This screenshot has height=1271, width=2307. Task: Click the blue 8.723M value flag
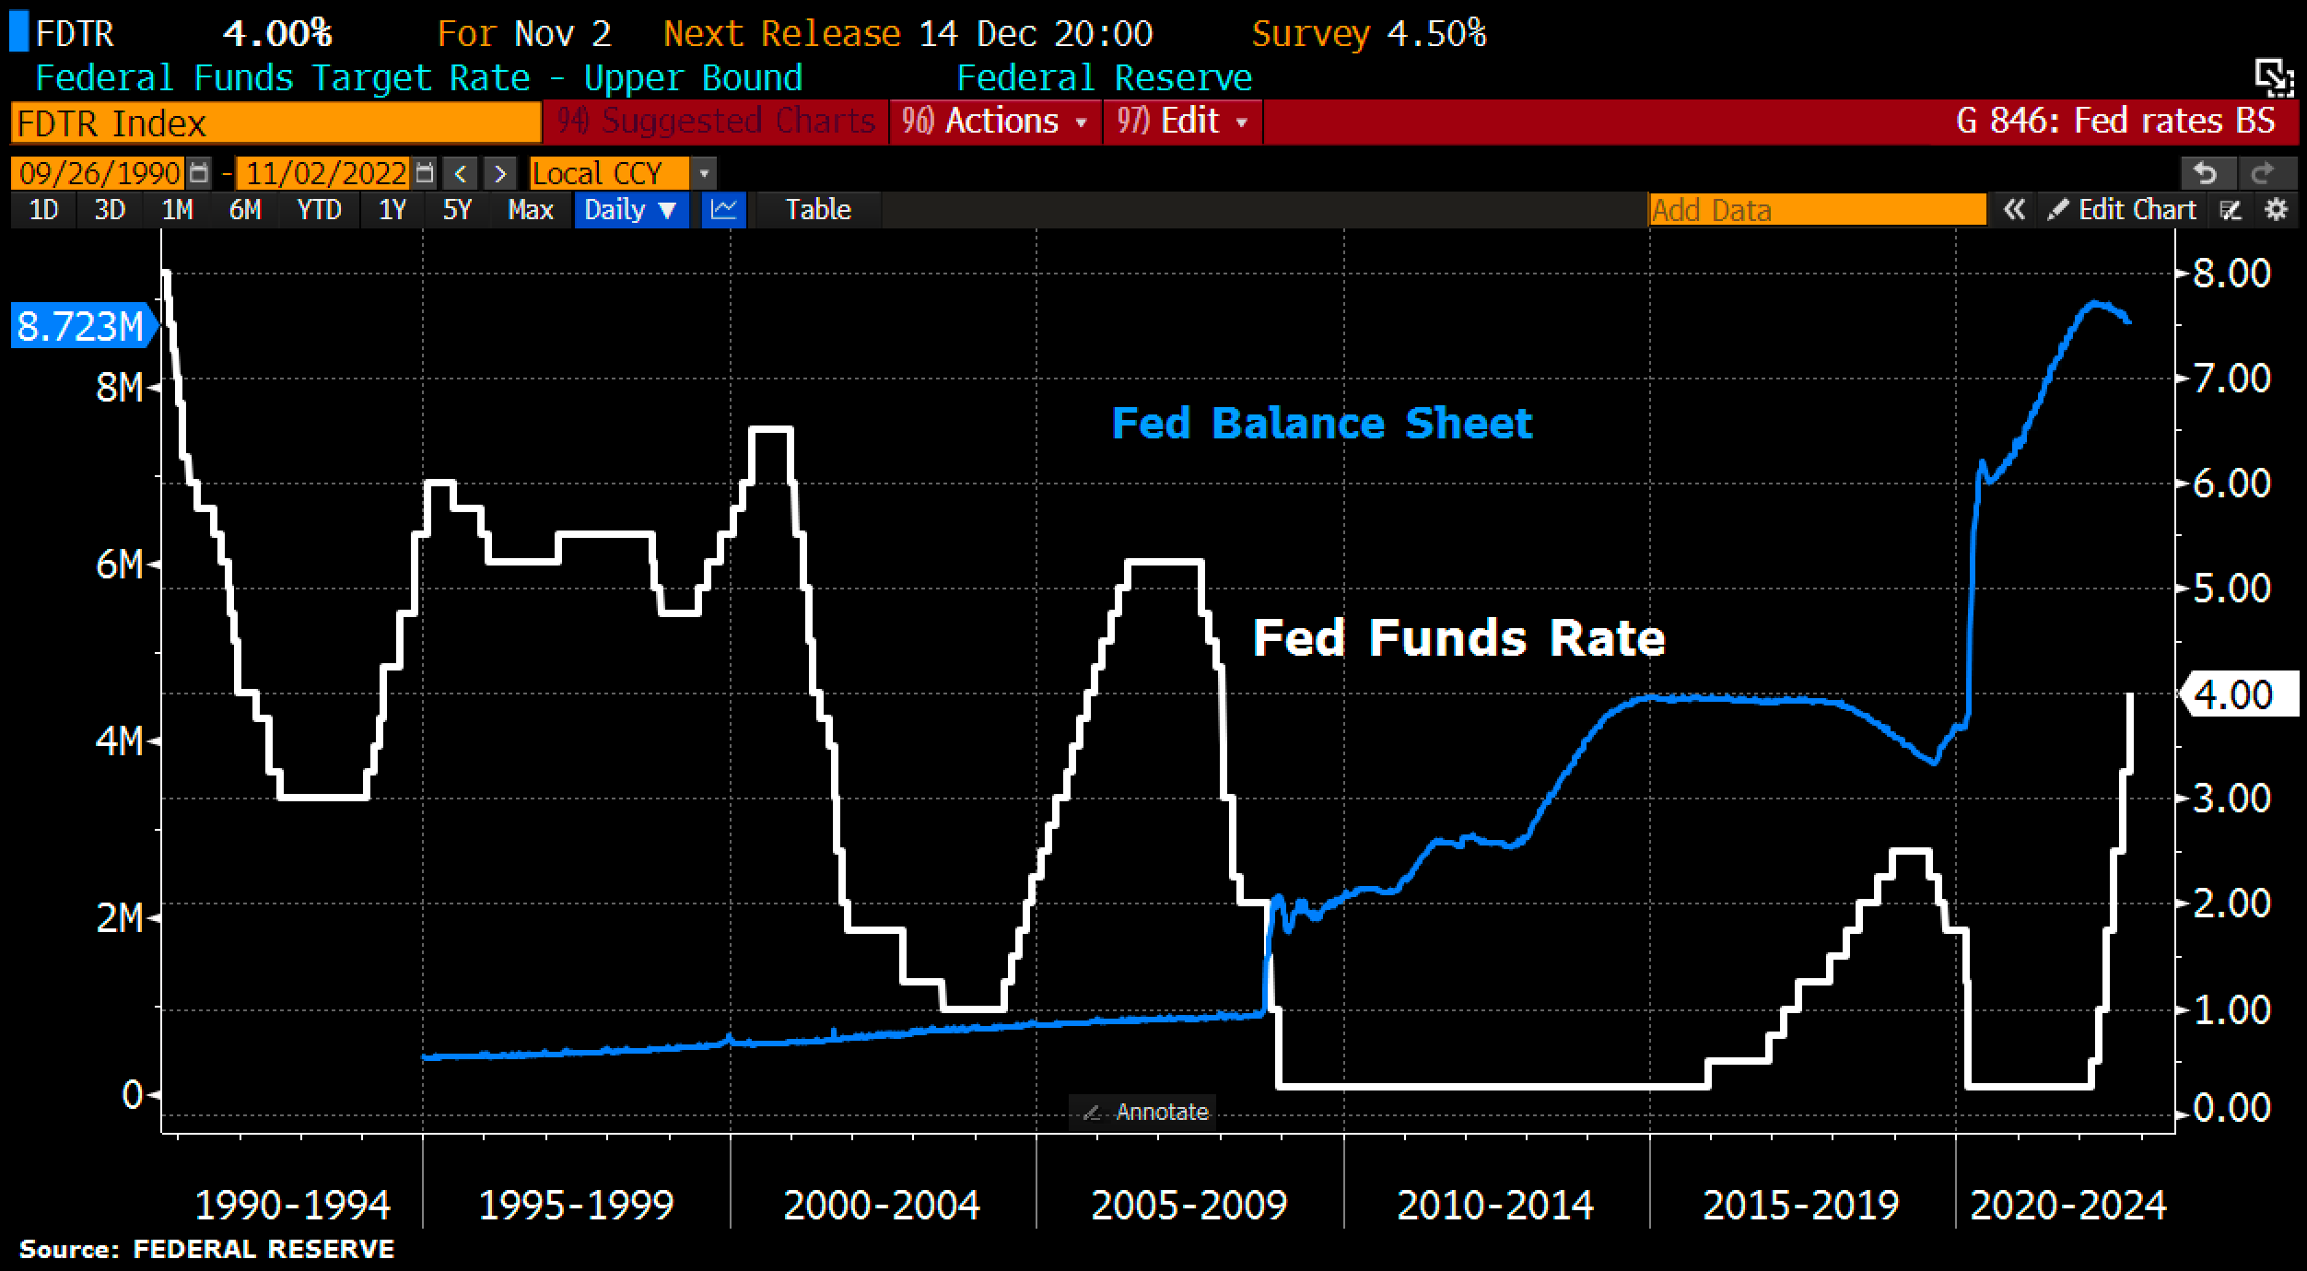coord(80,327)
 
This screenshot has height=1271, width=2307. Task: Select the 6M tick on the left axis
coord(120,565)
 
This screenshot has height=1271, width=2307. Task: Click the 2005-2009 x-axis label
coord(1189,1205)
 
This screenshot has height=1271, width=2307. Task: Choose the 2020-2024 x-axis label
coord(2067,1205)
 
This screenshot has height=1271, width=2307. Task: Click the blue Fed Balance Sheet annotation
coord(1321,424)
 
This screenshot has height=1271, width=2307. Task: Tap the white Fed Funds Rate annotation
coord(1458,637)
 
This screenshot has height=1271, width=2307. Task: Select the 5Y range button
coord(457,210)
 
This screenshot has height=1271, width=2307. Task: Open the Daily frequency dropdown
coord(630,210)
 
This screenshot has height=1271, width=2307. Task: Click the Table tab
coord(817,210)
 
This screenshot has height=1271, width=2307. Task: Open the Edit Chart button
coord(2125,210)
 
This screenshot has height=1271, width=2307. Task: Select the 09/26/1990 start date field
coord(100,173)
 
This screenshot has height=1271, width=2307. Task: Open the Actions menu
coord(995,122)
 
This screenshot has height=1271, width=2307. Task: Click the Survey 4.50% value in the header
coord(1368,34)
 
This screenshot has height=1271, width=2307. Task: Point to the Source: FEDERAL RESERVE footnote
coord(206,1250)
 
